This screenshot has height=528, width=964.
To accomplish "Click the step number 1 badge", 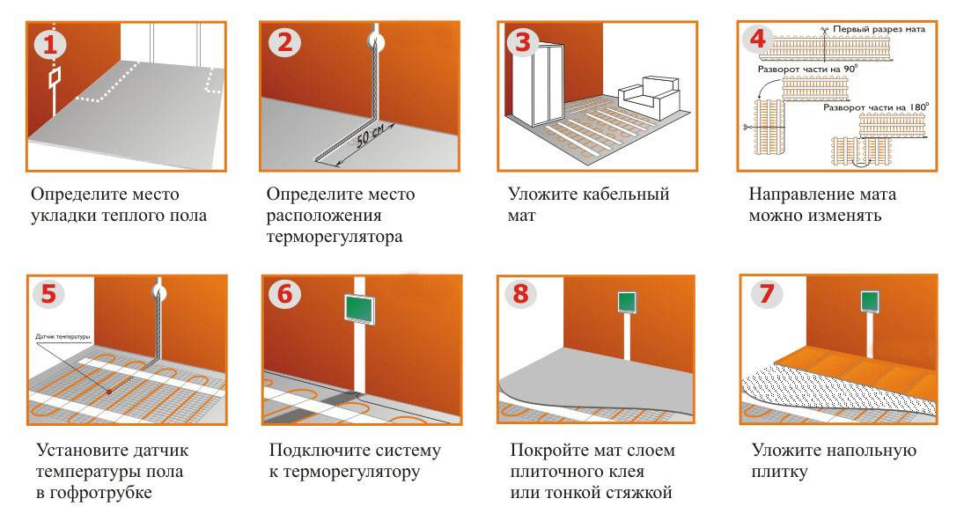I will click(x=50, y=43).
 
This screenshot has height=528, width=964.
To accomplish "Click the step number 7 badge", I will click(x=762, y=294).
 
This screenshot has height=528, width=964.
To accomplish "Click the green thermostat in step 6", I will click(x=361, y=309).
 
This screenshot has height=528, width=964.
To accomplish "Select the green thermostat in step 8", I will click(x=628, y=302).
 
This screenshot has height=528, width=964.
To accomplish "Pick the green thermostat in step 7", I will click(x=868, y=301).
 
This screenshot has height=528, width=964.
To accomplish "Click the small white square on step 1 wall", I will click(x=55, y=79).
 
